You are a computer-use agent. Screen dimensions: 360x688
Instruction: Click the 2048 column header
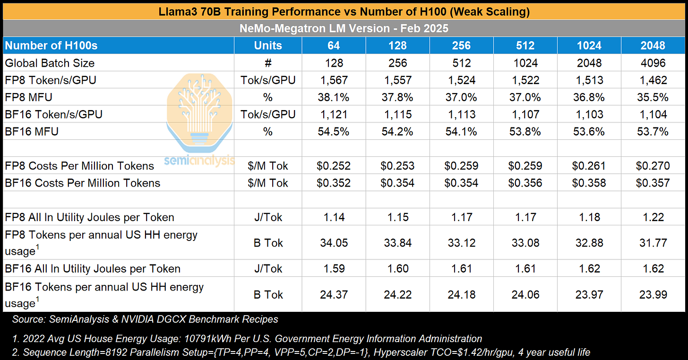pyautogui.click(x=653, y=46)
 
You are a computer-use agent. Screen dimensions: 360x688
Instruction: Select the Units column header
pyautogui.click(x=268, y=46)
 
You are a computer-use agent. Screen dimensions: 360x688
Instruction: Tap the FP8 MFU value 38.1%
pyautogui.click(x=334, y=97)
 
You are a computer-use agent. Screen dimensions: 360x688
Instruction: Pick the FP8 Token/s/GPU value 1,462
pyautogui.click(x=653, y=80)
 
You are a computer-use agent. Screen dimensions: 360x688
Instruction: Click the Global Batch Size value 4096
pyautogui.click(x=653, y=63)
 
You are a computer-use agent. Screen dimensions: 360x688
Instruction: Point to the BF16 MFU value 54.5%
pyautogui.click(x=334, y=131)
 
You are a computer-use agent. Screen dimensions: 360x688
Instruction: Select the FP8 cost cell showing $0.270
pyautogui.click(x=653, y=166)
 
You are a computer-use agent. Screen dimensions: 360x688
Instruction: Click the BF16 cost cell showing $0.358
pyautogui.click(x=589, y=183)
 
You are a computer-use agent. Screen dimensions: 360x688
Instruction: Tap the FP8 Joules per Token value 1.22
pyautogui.click(x=653, y=217)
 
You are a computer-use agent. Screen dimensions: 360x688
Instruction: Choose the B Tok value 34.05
pyautogui.click(x=334, y=243)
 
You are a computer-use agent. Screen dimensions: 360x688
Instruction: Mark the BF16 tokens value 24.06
pyautogui.click(x=525, y=294)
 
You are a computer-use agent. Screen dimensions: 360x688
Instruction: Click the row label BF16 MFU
pyautogui.click(x=32, y=131)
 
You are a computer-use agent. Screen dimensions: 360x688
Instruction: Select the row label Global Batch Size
pyautogui.click(x=50, y=63)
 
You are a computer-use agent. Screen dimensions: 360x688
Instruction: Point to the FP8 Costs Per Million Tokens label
pyautogui.click(x=80, y=166)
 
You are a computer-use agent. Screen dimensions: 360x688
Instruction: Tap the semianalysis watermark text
pyautogui.click(x=199, y=161)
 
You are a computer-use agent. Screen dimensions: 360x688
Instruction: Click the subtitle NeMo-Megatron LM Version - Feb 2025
pyautogui.click(x=344, y=28)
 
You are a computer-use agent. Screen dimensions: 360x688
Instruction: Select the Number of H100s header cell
pyautogui.click(x=52, y=46)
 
